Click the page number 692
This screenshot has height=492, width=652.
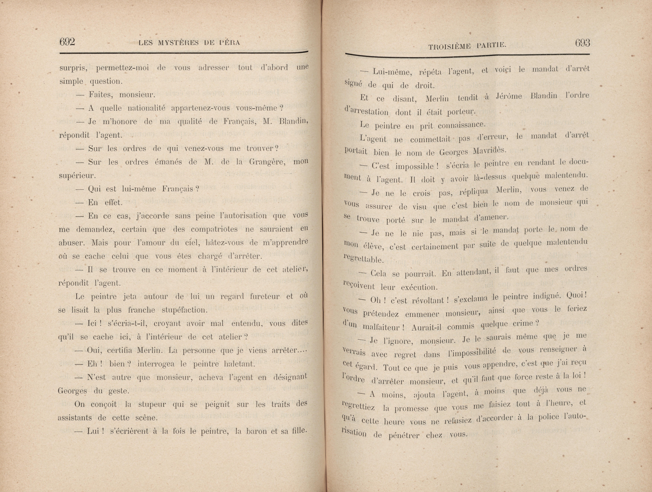(x=67, y=42)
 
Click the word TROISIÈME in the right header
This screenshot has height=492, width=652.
(x=450, y=46)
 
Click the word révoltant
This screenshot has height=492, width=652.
(x=422, y=300)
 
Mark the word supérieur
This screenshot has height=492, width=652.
(x=77, y=176)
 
